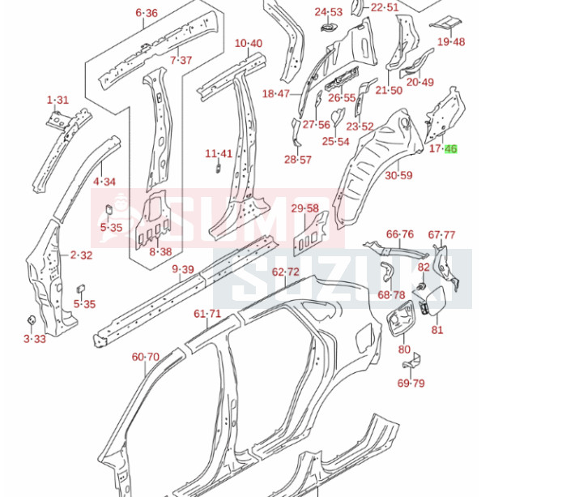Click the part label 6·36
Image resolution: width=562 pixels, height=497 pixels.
point(147,13)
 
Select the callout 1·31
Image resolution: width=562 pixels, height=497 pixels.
point(58,101)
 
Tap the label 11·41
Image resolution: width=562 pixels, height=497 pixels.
point(219,153)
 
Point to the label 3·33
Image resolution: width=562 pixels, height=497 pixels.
point(36,338)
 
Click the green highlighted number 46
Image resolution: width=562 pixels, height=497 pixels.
point(451,149)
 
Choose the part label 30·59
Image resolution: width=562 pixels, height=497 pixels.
point(398,175)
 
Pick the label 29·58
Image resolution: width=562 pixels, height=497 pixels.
point(304,208)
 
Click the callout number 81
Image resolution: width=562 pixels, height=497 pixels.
point(437,330)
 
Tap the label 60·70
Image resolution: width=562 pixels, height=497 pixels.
point(146,356)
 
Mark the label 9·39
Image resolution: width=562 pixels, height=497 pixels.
point(182,270)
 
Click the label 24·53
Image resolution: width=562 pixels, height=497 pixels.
point(329,12)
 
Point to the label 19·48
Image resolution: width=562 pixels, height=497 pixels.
point(451,42)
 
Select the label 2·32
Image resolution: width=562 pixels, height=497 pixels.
point(81,255)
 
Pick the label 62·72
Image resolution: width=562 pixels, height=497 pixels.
point(285,272)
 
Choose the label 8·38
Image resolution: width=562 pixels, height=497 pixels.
point(160,251)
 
